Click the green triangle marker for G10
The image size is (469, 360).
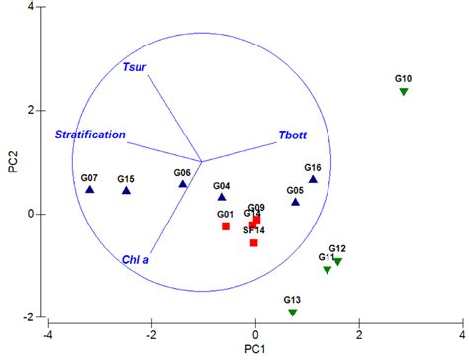[404, 92]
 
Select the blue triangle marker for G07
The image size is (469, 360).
[90, 190]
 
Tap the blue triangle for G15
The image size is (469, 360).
[126, 191]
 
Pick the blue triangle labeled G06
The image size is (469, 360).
[183, 184]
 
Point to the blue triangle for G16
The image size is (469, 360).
[313, 179]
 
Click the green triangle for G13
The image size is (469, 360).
[292, 313]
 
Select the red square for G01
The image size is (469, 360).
[226, 226]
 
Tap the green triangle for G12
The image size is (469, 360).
[337, 262]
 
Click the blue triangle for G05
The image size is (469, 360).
[295, 202]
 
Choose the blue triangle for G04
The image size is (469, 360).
[222, 197]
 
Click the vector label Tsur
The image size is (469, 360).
[134, 67]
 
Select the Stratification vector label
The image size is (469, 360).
[90, 134]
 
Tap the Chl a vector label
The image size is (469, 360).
[136, 259]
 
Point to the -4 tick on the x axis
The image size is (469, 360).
[47, 334]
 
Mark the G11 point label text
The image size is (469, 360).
[327, 257]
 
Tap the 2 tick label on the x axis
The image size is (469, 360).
[359, 334]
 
